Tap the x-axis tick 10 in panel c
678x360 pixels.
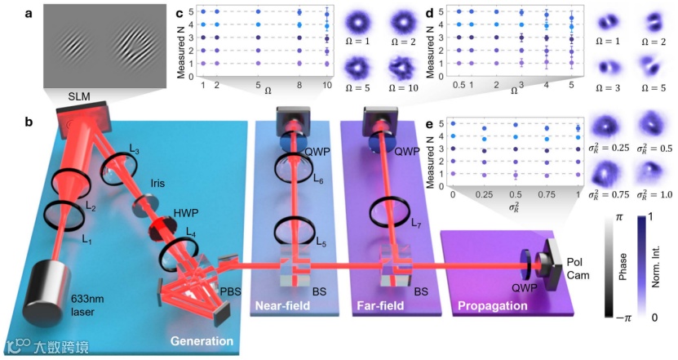[326, 84]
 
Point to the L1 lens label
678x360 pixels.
[86, 242]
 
